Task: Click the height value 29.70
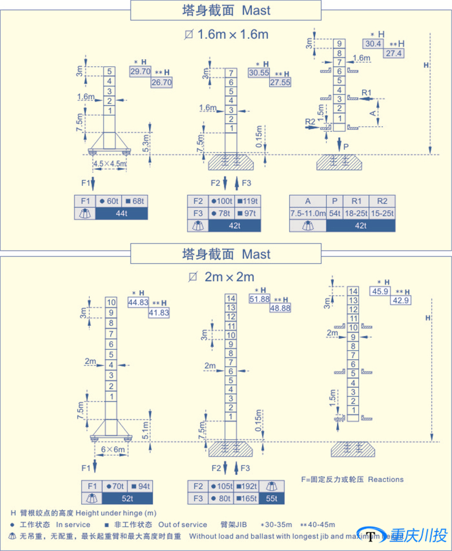coord(140,72)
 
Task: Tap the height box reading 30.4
coord(373,43)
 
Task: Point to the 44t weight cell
coord(121,213)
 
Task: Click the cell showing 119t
coord(247,201)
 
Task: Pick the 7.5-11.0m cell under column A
coord(308,213)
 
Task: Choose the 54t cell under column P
coord(335,213)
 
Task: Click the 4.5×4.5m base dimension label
coord(110,164)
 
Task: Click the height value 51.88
coord(260,299)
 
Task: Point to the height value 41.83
coord(159,312)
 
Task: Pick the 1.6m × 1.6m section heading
coord(226,34)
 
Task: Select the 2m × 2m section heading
coord(226,277)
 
